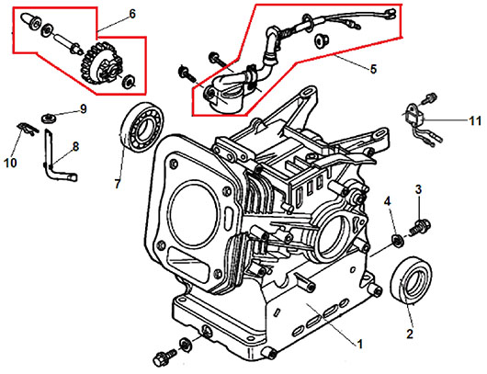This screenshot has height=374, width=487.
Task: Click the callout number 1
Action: coord(359,345)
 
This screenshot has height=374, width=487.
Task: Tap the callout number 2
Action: coord(410,334)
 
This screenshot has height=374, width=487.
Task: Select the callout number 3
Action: coord(419,189)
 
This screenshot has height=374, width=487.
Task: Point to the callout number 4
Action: coord(387,201)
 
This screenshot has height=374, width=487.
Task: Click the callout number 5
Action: coord(373,69)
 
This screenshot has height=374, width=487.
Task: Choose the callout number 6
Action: coord(132,14)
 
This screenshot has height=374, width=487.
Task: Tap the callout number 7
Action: coord(117,184)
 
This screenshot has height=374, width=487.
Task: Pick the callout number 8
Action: coord(75,146)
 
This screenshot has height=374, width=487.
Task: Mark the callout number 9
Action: coord(84,109)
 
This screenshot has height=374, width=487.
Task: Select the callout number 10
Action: coord(10,163)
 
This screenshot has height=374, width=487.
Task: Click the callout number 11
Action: coord(474,120)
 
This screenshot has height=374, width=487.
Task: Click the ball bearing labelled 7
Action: coord(142,128)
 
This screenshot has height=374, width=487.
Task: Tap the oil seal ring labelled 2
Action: coord(412,279)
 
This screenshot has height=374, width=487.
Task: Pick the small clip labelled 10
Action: coord(28,129)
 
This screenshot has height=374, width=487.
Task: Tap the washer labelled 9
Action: coord(49,118)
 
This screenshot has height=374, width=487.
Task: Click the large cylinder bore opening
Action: coord(193,210)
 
